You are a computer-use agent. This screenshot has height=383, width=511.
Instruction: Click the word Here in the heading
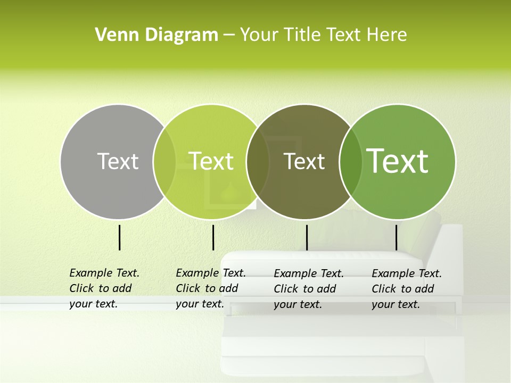pyautogui.click(x=387, y=35)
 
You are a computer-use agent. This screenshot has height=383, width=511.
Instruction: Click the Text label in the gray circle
pyautogui.click(x=118, y=161)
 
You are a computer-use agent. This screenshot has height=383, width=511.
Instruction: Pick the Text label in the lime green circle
pyautogui.click(x=211, y=161)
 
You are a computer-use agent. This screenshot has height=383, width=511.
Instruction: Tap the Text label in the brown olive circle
pyautogui.click(x=304, y=161)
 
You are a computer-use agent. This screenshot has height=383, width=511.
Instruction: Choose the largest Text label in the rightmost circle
pyautogui.click(x=397, y=161)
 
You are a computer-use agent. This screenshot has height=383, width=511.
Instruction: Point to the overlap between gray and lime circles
pyautogui.click(x=164, y=162)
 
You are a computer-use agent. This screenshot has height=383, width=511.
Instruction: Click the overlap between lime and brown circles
pyautogui.click(x=258, y=162)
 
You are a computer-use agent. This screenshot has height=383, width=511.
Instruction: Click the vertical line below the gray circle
pyautogui.click(x=120, y=237)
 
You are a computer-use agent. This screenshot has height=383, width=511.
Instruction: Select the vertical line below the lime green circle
pyautogui.click(x=213, y=237)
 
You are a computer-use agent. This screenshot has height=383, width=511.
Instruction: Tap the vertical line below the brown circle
pyautogui.click(x=307, y=237)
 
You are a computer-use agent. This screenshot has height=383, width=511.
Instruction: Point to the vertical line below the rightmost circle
pyautogui.click(x=396, y=237)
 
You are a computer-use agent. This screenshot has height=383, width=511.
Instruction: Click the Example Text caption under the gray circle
pyautogui.click(x=104, y=288)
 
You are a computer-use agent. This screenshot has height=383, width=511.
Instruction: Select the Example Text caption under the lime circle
pyautogui.click(x=211, y=288)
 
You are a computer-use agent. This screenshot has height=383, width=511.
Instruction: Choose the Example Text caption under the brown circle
pyautogui.click(x=309, y=289)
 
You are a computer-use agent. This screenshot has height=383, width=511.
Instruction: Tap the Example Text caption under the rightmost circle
pyautogui.click(x=407, y=289)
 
